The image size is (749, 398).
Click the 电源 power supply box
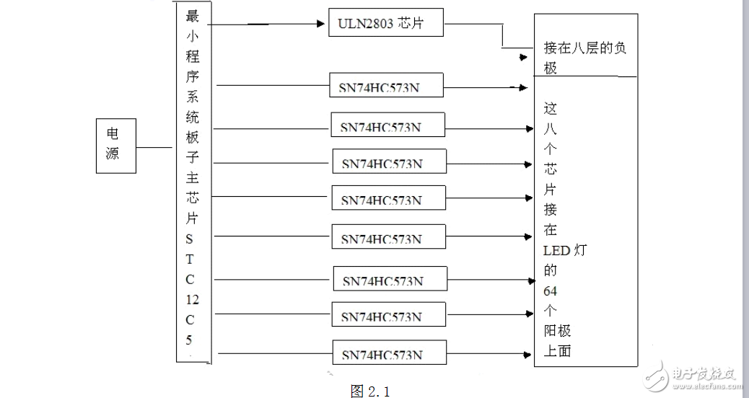click(x=116, y=146)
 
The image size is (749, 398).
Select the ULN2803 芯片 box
click(x=386, y=24)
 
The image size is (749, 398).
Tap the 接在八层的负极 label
click(x=585, y=58)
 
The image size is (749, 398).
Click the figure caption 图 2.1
click(x=369, y=390)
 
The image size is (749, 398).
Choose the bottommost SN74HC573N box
click(x=389, y=353)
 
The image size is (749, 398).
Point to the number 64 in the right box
click(x=551, y=291)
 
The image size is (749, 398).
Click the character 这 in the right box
click(x=551, y=110)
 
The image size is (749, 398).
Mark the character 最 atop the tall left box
click(x=193, y=17)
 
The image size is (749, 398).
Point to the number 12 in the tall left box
click(x=192, y=300)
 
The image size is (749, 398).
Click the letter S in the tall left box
click(x=190, y=239)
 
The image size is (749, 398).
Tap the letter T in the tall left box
click(x=190, y=259)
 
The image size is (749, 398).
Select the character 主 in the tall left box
click(x=193, y=179)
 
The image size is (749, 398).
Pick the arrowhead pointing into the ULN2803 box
click(x=322, y=23)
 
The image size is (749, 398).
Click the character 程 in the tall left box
click(x=193, y=57)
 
